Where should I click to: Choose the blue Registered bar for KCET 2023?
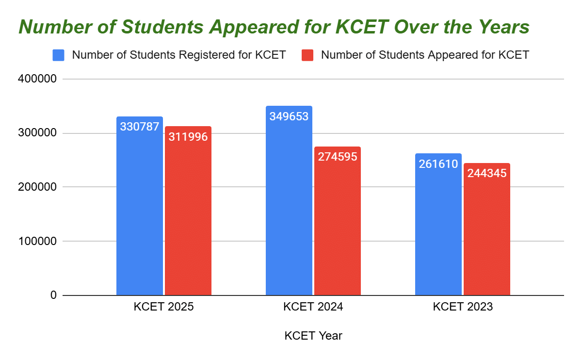click(x=438, y=233)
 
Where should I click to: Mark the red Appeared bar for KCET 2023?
click(x=487, y=238)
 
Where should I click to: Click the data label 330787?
click(x=140, y=127)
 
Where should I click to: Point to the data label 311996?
click(x=188, y=137)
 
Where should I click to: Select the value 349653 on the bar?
click(x=289, y=116)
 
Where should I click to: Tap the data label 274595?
click(x=338, y=157)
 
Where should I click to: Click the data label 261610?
click(x=438, y=164)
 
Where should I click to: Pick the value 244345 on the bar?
click(x=487, y=173)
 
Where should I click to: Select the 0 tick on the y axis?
click(x=53, y=295)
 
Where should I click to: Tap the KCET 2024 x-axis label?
click(x=313, y=307)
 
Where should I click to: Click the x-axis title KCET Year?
click(x=313, y=336)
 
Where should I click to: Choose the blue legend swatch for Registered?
click(x=58, y=55)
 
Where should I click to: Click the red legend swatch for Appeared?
click(x=307, y=55)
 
